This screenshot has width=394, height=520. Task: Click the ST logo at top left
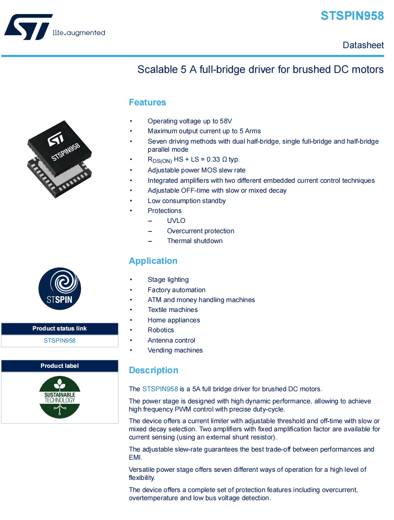pos(28,27)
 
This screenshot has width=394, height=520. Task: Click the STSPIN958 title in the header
pos(352,16)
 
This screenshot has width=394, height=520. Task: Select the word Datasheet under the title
pos(363,45)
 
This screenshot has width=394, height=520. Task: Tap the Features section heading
pos(147,103)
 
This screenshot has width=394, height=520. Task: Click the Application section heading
pos(153,261)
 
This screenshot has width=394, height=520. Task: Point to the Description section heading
pos(154,371)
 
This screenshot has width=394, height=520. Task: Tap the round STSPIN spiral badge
pos(59,288)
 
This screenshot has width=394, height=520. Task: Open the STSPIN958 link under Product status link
pos(59,341)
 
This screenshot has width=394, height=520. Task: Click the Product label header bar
pos(59,366)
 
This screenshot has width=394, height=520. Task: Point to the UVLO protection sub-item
pos(176,221)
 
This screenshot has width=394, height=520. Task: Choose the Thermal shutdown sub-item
pos(195,241)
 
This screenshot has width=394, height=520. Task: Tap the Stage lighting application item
pos(168,280)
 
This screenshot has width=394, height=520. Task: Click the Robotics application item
pos(161,330)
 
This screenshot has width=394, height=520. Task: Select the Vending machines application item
pos(175,350)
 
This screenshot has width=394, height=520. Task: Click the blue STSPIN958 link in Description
pos(160,389)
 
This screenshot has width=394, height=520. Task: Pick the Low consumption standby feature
pos(186,201)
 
